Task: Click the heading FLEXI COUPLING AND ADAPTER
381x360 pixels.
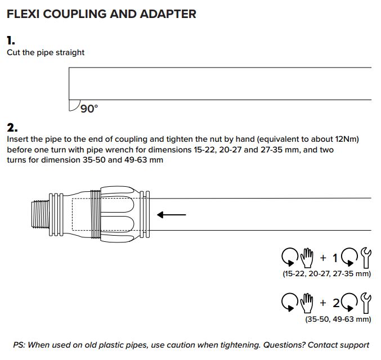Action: pos(101,14)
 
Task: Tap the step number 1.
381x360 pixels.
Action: pos(11,40)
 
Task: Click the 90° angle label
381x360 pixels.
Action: pos(88,109)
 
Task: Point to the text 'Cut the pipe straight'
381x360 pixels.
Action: pos(46,53)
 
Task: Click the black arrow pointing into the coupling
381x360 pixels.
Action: pos(171,214)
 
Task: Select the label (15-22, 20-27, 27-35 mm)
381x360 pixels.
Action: pos(326,274)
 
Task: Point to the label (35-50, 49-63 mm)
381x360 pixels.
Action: pos(338,319)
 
